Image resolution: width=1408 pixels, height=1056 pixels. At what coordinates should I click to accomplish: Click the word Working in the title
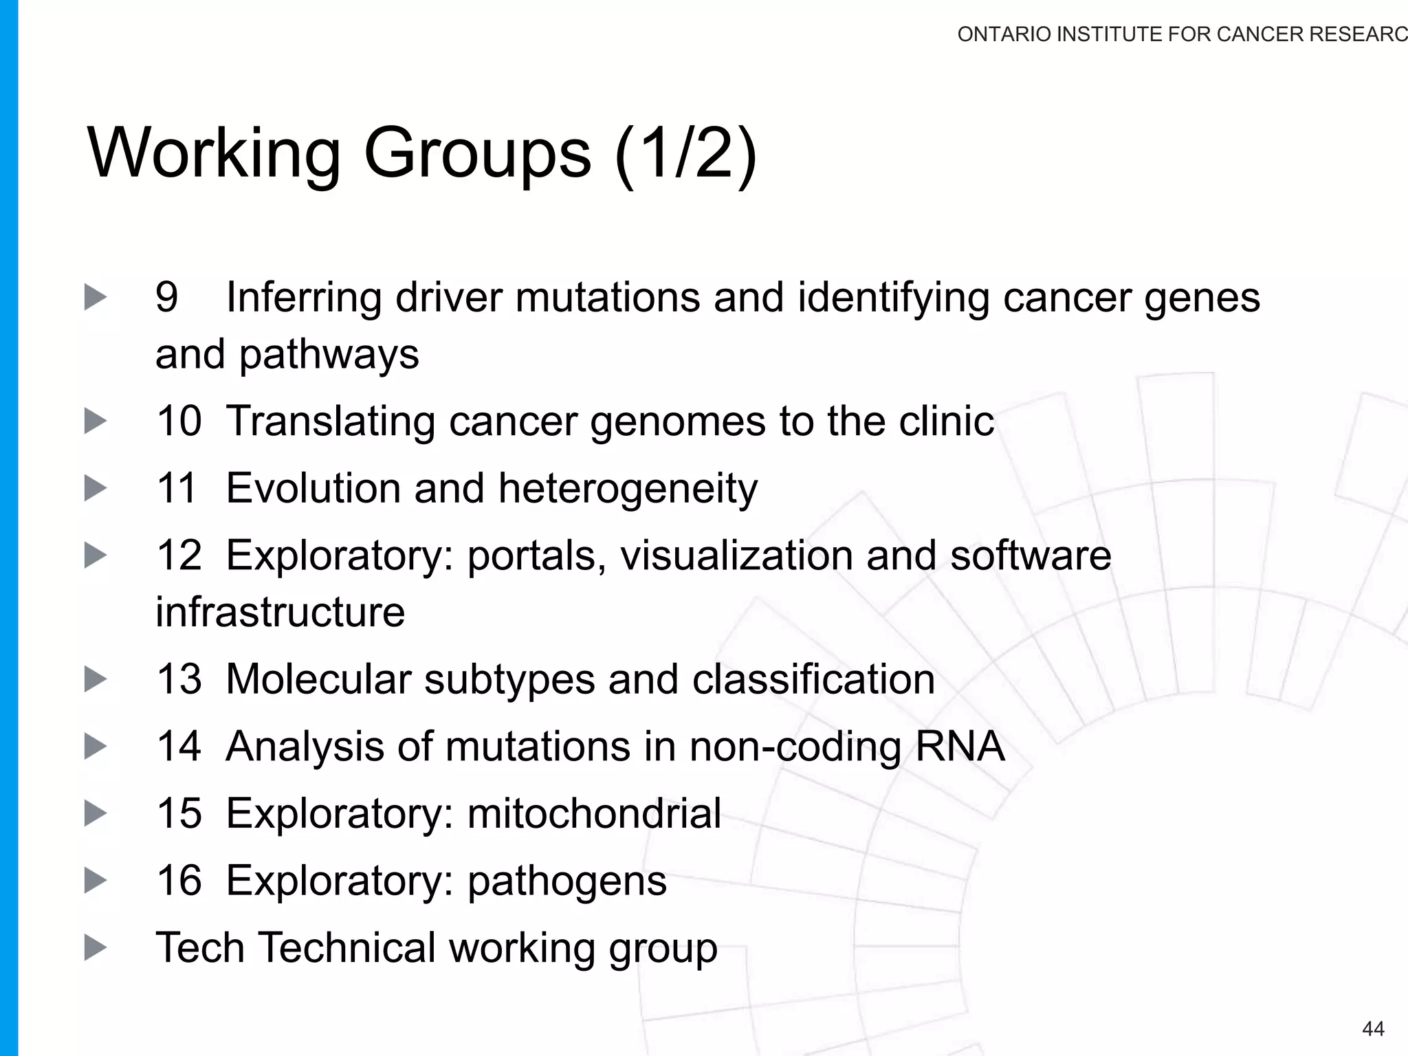click(x=214, y=153)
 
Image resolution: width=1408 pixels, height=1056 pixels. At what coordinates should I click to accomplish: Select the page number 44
click(x=1373, y=1028)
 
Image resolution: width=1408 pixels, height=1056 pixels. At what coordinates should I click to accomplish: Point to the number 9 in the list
click(x=167, y=297)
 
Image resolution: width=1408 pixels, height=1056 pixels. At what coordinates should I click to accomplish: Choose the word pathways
click(x=329, y=355)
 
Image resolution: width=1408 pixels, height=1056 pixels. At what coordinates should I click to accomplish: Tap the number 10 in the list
click(x=179, y=421)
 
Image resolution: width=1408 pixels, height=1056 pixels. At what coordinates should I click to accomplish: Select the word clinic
click(x=946, y=421)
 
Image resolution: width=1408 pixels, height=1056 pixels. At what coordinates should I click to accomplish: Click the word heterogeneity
click(x=628, y=489)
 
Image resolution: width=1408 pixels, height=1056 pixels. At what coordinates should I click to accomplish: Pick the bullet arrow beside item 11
click(x=96, y=489)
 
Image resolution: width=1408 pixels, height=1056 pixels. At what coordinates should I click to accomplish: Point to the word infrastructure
click(x=280, y=612)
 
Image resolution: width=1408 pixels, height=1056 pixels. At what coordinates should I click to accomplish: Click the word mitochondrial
click(x=594, y=813)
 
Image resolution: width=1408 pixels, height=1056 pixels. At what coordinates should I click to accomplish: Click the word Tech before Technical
click(x=199, y=947)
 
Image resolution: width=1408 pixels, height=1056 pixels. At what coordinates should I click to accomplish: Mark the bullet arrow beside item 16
click(x=96, y=881)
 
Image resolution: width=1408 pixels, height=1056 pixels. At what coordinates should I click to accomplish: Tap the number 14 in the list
click(x=179, y=746)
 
